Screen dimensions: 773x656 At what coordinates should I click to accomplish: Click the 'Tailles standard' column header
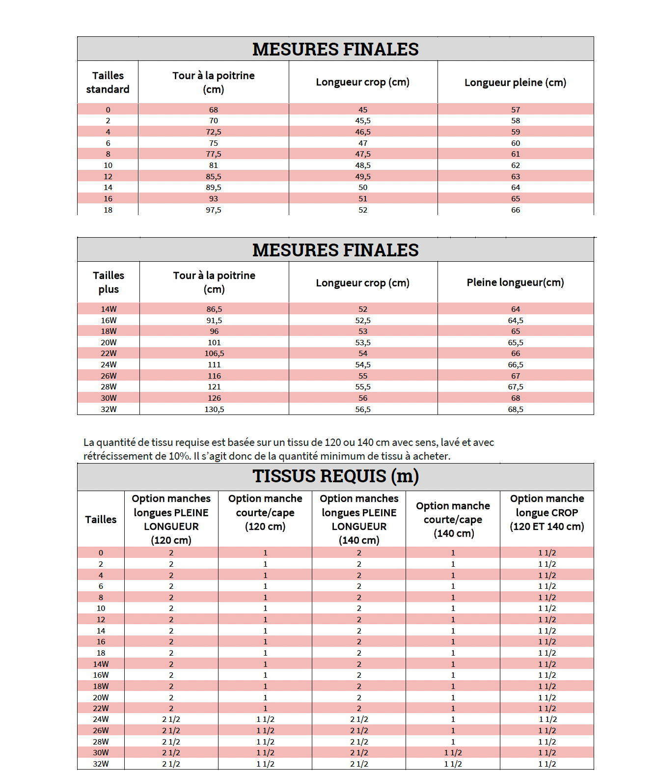108,83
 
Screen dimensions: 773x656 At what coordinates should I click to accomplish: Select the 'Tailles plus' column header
109,282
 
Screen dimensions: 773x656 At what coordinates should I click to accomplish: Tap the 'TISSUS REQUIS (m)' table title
335,476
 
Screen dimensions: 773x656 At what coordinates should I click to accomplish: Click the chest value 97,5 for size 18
214,210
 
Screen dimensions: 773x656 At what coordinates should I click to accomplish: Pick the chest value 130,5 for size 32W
214,410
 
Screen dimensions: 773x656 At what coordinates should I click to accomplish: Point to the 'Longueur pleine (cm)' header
515,83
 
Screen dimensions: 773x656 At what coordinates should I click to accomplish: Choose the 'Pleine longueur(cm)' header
515,282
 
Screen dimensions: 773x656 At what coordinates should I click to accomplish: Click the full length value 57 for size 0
515,110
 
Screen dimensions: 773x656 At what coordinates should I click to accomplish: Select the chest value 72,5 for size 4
214,132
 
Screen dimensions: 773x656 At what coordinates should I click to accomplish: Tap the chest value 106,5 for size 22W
214,354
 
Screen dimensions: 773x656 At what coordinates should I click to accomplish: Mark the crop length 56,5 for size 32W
363,410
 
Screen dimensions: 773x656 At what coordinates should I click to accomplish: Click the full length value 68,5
515,410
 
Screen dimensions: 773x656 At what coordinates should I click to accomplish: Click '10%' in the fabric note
179,456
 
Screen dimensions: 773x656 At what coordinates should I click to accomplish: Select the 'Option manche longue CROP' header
547,513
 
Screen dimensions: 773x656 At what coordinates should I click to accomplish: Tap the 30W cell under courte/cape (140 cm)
453,753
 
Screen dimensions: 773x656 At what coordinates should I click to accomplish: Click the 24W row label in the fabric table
101,719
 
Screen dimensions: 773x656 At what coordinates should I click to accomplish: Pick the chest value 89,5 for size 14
214,188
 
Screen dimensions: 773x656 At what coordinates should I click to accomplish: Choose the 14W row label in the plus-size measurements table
109,309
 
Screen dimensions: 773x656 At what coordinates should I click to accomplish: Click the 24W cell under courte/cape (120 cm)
265,719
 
